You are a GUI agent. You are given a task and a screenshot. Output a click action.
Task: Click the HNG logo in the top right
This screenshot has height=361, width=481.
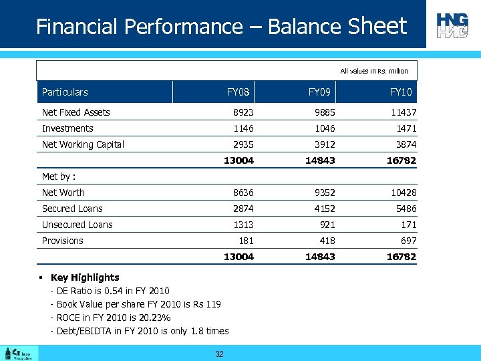pyautogui.click(x=453, y=25)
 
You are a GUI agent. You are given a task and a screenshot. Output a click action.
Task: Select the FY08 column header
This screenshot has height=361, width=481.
pyautogui.click(x=238, y=92)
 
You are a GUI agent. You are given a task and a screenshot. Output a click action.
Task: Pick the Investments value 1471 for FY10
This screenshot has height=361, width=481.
pyautogui.click(x=405, y=128)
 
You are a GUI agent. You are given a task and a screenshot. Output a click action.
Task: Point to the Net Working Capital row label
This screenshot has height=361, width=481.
pyautogui.click(x=83, y=144)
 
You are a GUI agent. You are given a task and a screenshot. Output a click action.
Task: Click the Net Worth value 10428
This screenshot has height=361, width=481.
pyautogui.click(x=403, y=193)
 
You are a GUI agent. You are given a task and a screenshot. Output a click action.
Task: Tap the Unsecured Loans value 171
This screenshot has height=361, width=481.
pyautogui.click(x=408, y=225)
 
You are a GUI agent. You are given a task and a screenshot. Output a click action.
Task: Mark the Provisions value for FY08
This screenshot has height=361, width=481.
pyautogui.click(x=245, y=241)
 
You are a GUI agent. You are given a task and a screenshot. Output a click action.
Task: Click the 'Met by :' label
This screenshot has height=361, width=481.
pyautogui.click(x=59, y=176)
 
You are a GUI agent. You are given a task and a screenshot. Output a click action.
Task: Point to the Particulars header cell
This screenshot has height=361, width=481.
pyautogui.click(x=65, y=92)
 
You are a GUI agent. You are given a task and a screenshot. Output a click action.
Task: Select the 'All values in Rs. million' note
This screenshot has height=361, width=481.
pyautogui.click(x=374, y=71)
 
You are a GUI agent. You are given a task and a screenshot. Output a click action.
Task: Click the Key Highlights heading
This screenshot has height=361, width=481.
pyautogui.click(x=85, y=277)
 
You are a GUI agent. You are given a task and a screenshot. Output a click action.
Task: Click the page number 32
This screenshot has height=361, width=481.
pyautogui.click(x=219, y=354)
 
